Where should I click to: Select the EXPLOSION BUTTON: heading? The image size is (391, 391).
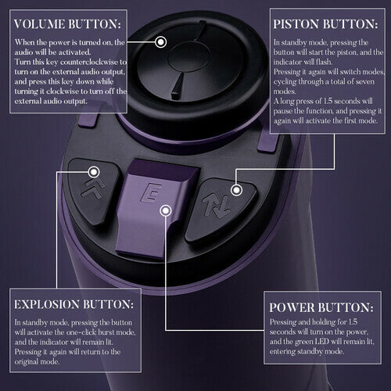coord(72,303)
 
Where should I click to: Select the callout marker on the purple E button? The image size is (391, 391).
coord(164,210)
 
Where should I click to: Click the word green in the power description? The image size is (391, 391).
coord(322,342)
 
